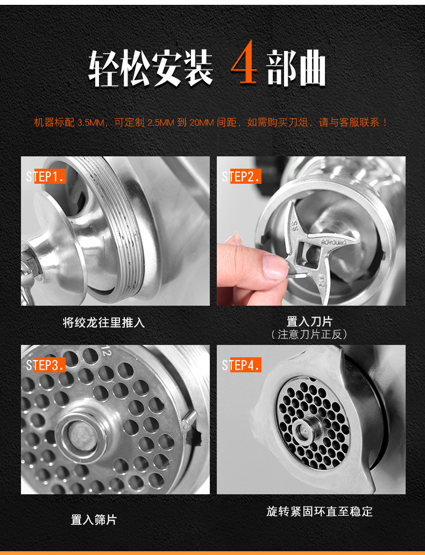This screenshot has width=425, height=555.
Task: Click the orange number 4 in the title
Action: click(244, 62)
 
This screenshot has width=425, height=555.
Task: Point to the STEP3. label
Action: click(45, 365)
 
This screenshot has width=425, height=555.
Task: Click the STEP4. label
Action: click(242, 365)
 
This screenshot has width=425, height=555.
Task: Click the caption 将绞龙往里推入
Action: click(104, 322)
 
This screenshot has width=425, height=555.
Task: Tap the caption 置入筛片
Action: click(94, 520)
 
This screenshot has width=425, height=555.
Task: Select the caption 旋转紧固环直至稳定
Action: click(320, 511)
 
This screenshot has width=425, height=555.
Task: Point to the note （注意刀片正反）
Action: click(309, 334)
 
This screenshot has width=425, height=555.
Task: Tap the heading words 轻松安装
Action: click(150, 68)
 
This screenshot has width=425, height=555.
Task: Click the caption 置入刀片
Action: click(309, 321)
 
